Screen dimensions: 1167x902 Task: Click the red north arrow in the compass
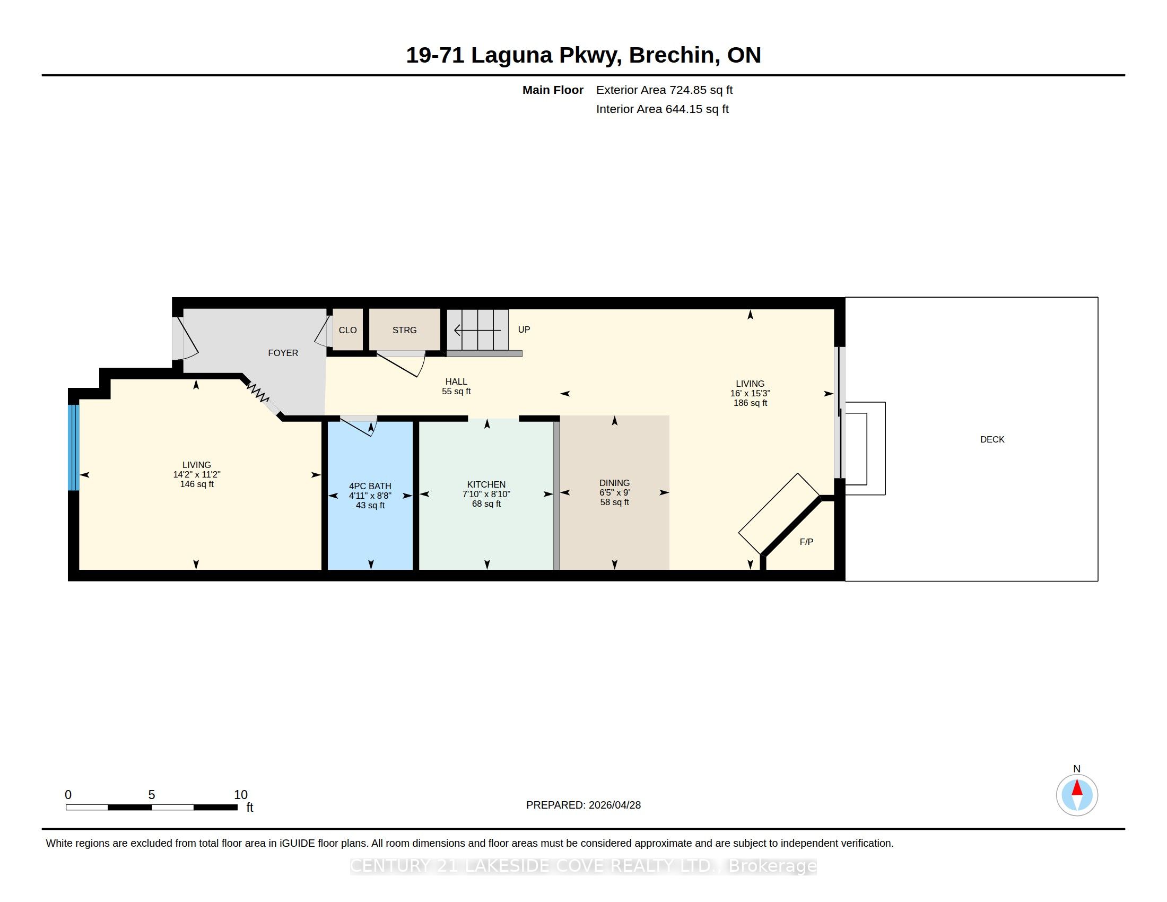pos(1077,787)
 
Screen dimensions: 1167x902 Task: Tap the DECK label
pos(992,439)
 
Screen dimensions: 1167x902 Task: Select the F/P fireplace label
pos(806,542)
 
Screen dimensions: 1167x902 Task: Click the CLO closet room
pos(348,329)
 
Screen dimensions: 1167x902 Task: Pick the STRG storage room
pos(405,329)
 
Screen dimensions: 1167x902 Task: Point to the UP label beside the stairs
pos(524,329)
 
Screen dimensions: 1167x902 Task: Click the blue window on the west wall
pos(74,447)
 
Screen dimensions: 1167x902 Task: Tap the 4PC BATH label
pos(370,486)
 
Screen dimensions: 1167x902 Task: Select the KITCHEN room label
pos(486,484)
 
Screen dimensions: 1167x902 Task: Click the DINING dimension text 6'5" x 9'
pos(614,493)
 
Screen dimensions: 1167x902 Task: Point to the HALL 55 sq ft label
pos(456,386)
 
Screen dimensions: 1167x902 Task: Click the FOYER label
pos(283,353)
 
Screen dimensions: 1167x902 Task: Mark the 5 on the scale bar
pos(152,795)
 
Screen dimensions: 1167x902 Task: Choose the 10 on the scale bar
pos(240,795)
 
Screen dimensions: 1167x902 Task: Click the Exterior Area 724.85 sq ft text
pos(664,90)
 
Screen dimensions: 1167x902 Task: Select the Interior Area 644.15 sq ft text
pos(663,109)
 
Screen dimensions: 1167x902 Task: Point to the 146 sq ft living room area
pos(197,484)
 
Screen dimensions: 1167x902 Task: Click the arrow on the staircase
pos(478,331)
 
